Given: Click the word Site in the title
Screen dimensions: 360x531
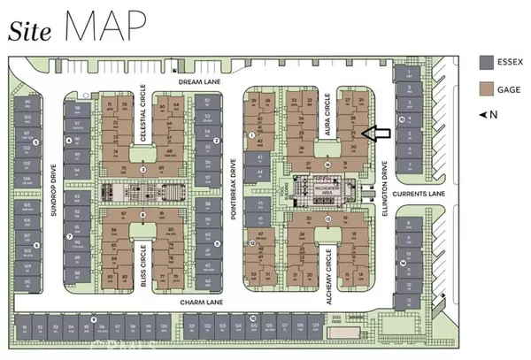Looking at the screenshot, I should tap(29, 31).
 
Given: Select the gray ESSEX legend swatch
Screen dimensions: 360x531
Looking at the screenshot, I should tap(485, 62).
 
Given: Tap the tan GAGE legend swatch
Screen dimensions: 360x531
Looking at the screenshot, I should tap(485, 89).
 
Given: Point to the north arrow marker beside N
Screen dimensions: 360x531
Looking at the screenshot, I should tap(483, 116).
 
